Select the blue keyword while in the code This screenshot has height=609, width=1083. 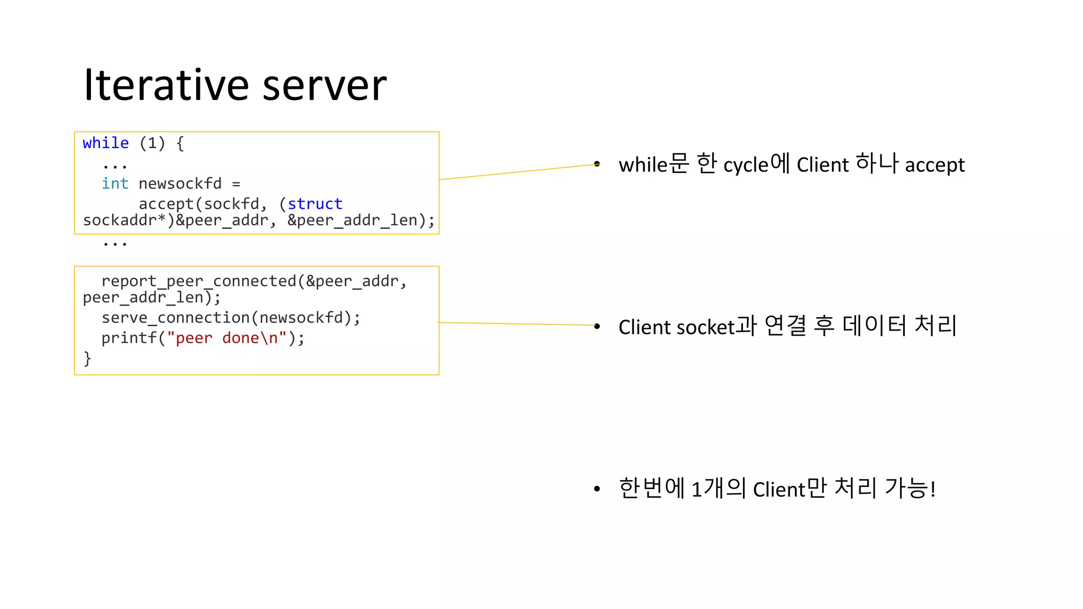pos(106,143)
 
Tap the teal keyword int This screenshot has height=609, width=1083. pos(115,183)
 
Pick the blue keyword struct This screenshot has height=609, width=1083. pos(315,204)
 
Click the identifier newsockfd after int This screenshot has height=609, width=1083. pos(180,183)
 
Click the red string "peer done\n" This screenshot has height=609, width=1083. pos(226,338)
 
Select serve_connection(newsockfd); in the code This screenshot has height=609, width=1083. pos(231,318)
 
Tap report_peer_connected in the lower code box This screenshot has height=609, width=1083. pos(199,281)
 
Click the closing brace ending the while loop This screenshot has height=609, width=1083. pos(87,358)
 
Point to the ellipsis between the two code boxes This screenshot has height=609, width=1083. pos(115,244)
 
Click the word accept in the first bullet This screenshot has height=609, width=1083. pos(934,165)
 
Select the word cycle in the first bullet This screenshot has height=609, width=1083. pos(745,165)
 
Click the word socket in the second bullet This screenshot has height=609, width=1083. pos(705,327)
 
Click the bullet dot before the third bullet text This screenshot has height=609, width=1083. pos(596,490)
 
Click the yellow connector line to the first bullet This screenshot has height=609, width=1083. pos(518,172)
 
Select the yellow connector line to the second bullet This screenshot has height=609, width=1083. pos(518,324)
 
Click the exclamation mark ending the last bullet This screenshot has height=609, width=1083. pos(933,490)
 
